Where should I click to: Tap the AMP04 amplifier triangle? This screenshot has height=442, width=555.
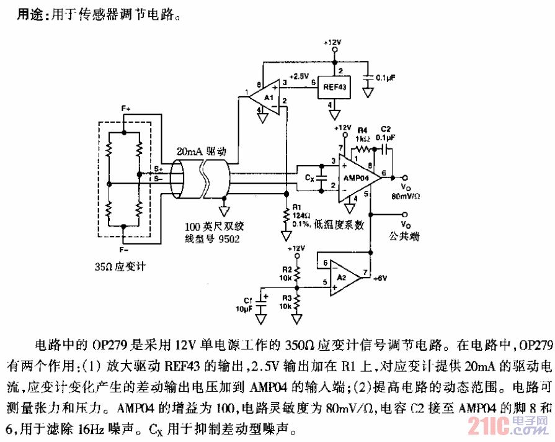click(360, 177)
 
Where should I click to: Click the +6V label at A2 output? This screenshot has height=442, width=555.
click(380, 279)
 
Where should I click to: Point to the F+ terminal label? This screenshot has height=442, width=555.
click(126, 108)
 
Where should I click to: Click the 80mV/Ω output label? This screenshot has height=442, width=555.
click(406, 196)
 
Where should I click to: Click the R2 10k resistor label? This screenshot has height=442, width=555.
click(286, 273)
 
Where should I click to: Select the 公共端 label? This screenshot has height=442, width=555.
click(404, 236)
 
